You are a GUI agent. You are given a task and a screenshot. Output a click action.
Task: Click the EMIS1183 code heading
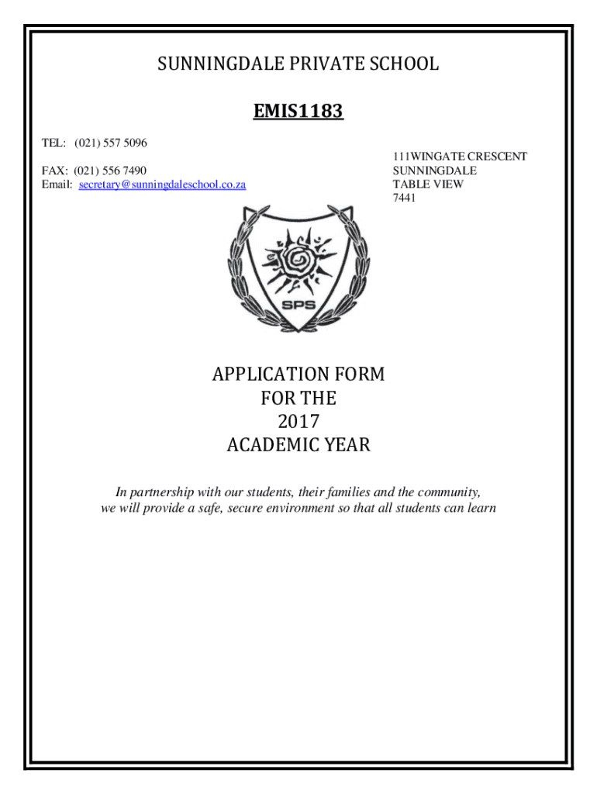[x=298, y=113]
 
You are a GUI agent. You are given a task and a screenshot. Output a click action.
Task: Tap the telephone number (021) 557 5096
[x=111, y=143]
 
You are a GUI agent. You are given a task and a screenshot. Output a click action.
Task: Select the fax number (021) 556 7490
[x=111, y=171]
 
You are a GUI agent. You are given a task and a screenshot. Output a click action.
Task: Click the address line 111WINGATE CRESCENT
[x=460, y=157]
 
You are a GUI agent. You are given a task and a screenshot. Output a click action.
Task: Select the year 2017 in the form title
[x=298, y=423]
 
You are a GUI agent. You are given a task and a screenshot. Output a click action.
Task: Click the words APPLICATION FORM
[x=298, y=375]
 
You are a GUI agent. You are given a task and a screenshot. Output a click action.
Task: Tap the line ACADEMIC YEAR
[x=298, y=446]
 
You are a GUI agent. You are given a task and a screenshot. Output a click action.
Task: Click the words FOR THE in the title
[x=298, y=399]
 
